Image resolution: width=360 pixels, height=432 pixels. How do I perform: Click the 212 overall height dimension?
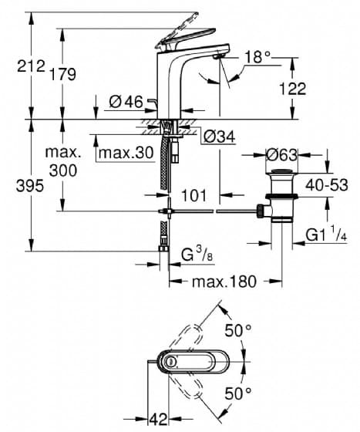click(x=31, y=66)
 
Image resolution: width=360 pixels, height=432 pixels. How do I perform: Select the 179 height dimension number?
click(x=62, y=74)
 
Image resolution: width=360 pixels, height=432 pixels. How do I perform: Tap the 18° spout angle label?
click(x=257, y=57)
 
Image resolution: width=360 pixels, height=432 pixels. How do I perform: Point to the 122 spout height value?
click(x=292, y=89)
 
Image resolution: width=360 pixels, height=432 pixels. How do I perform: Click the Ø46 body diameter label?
click(x=126, y=102)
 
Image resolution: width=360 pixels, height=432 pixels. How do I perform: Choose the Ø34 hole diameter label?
click(x=219, y=137)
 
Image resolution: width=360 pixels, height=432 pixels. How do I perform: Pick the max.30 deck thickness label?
click(x=126, y=153)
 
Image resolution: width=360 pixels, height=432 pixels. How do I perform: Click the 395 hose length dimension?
click(x=30, y=186)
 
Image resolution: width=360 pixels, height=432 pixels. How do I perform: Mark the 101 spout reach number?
click(x=193, y=195)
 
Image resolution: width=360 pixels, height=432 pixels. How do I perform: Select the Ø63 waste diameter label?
click(x=281, y=155)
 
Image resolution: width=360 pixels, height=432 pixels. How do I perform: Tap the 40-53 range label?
click(x=327, y=185)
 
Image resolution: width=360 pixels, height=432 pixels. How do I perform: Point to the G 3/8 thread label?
click(x=197, y=255)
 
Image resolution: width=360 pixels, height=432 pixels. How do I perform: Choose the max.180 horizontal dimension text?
click(x=224, y=282)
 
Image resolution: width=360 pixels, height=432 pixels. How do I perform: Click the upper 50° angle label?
click(x=237, y=330)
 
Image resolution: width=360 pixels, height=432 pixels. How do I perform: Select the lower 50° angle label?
click(x=237, y=393)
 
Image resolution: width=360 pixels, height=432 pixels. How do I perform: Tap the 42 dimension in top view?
click(x=158, y=420)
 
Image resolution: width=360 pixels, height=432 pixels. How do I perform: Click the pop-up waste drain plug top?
click(x=281, y=172)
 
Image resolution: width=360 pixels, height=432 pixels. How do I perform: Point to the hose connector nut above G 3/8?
click(x=164, y=248)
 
